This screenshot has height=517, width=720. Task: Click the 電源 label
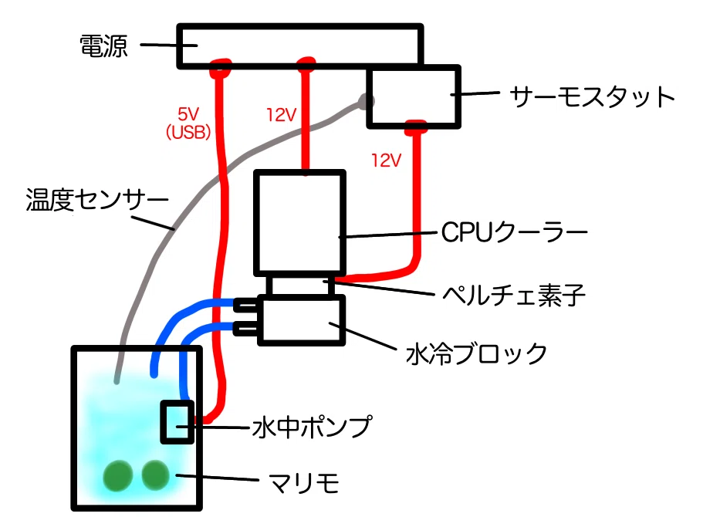pos(103,46)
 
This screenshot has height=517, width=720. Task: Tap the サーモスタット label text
pos(592,96)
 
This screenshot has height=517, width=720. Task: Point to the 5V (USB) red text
pos(188,123)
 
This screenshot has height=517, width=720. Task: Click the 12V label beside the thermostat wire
pos(386,161)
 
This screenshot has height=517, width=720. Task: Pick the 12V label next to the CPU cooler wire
pos(281,115)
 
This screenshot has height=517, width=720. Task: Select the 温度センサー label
pos(97,200)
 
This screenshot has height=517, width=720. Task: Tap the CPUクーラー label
pos(514,232)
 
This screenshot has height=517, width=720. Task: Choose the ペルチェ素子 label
pos(513,295)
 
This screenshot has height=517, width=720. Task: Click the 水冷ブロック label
pos(476,353)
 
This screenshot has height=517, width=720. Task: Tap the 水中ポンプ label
pos(312,427)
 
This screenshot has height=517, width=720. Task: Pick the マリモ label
pos(304,482)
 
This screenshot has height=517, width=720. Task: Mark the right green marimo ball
pos(155,475)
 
